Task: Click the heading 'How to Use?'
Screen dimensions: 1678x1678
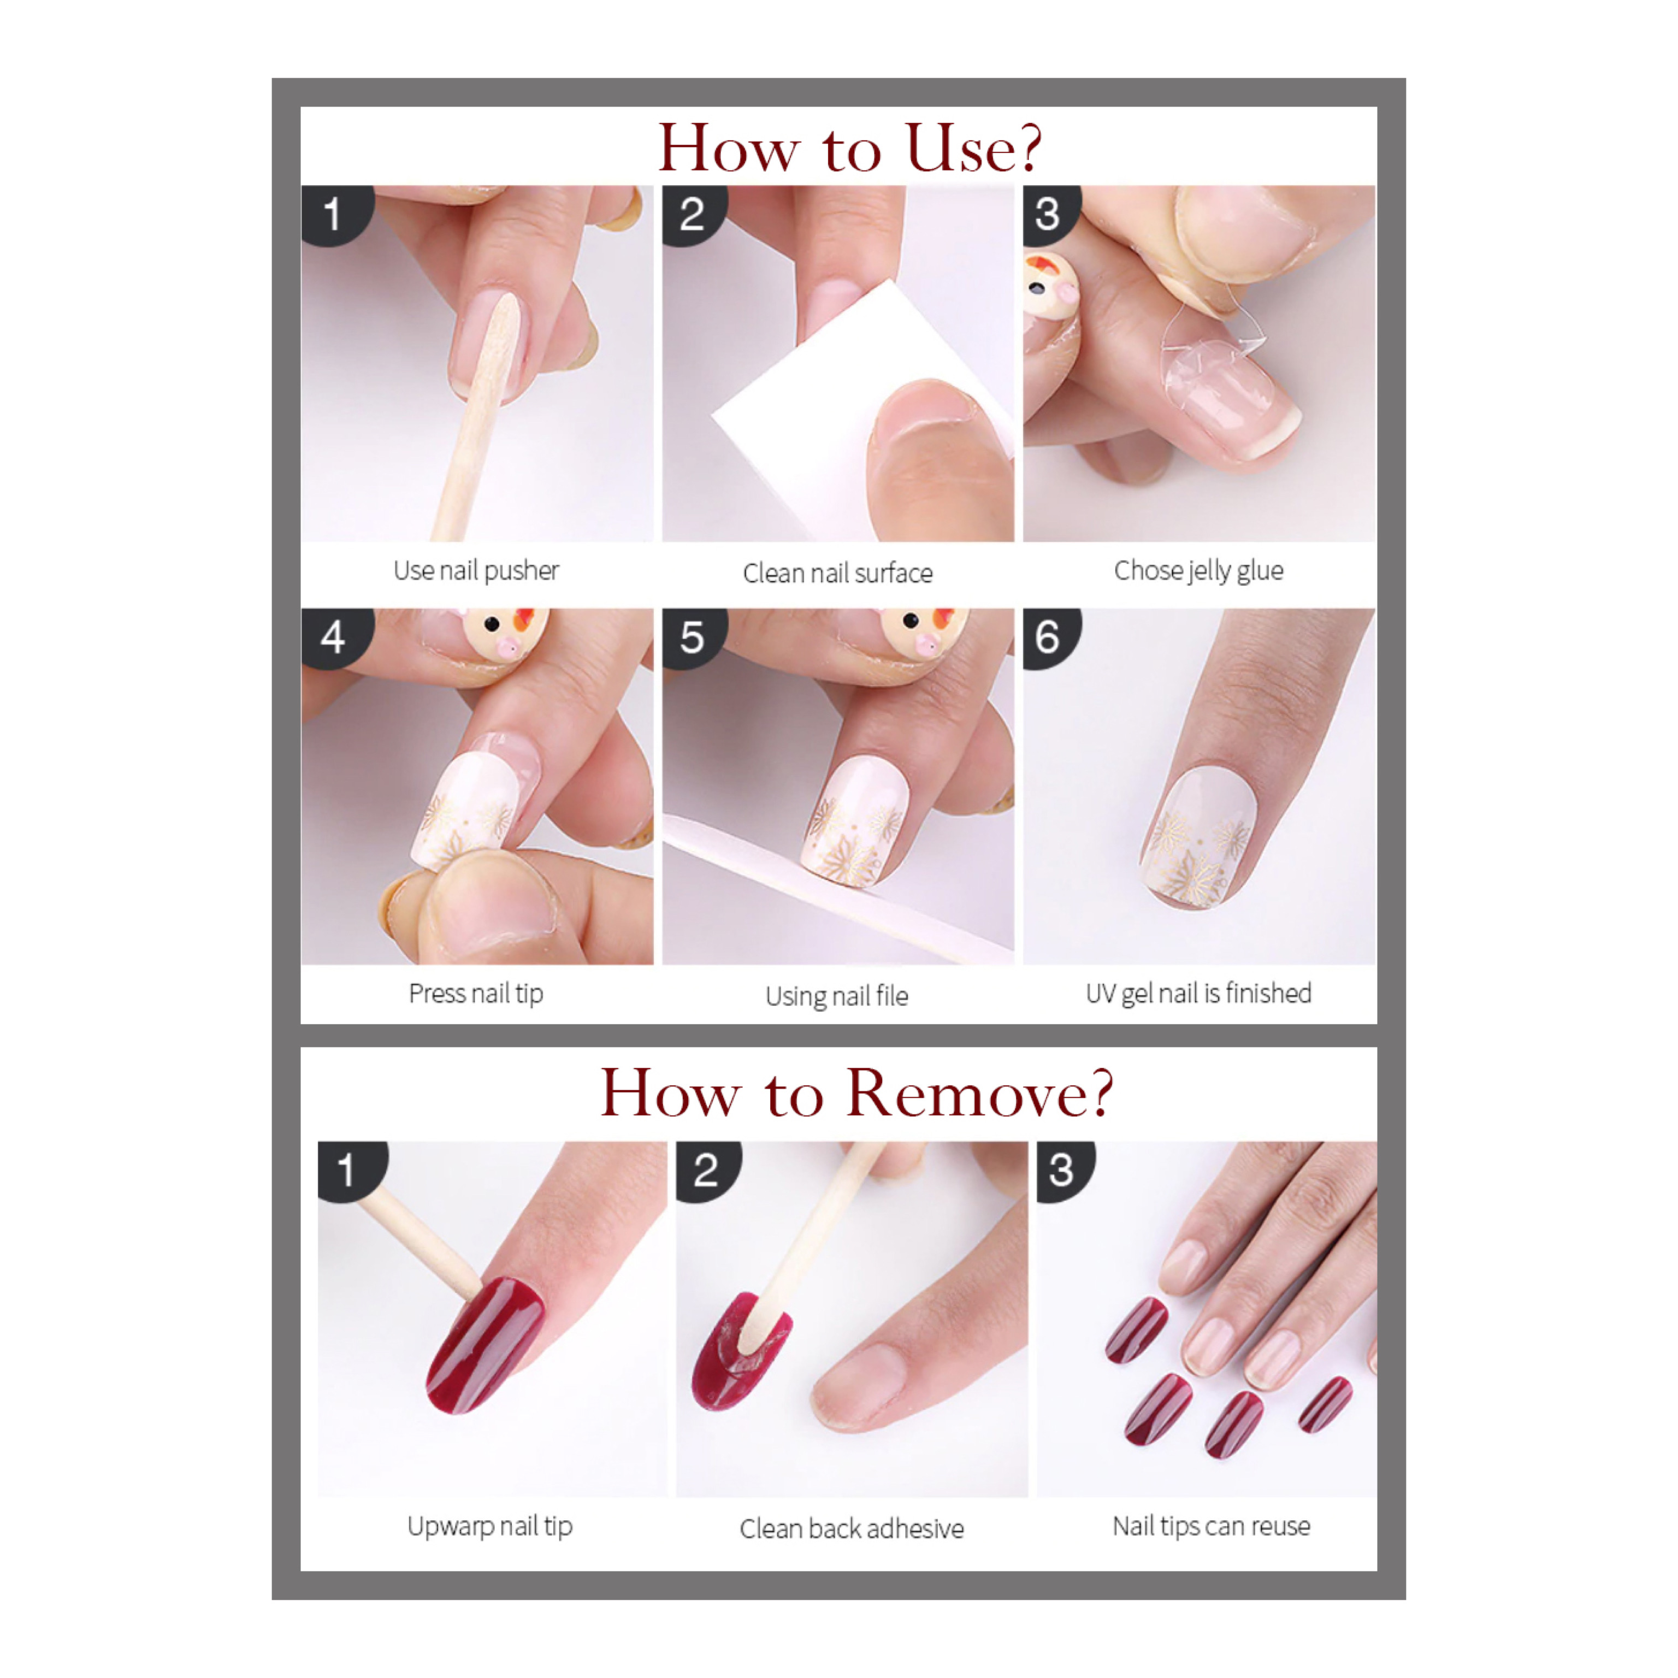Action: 849,147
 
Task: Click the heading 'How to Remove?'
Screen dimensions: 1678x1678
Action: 856,1094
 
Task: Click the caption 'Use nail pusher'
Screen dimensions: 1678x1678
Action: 476,571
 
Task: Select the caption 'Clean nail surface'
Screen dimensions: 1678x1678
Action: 837,573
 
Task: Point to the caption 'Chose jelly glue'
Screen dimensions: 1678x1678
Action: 1198,571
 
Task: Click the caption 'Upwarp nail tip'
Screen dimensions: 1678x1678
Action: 490,1526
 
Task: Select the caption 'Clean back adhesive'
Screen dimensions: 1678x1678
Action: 851,1529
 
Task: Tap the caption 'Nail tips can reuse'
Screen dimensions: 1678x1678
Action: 1212,1526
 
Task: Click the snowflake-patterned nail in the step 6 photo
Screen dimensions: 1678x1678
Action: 1198,836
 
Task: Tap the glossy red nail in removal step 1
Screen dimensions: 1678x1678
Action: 485,1344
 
